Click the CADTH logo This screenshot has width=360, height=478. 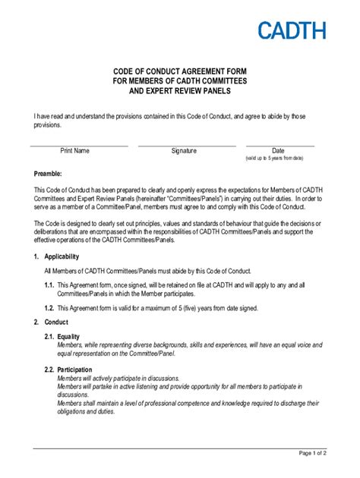coord(292,30)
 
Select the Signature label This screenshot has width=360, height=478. coord(184,150)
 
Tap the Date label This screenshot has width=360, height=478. coord(278,150)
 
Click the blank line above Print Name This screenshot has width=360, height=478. coord(79,145)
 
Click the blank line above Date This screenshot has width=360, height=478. coord(279,145)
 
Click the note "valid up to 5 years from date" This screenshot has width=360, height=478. coord(274,158)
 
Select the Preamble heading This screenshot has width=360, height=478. coord(51,174)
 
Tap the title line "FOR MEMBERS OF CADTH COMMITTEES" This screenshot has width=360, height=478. coord(180,80)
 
